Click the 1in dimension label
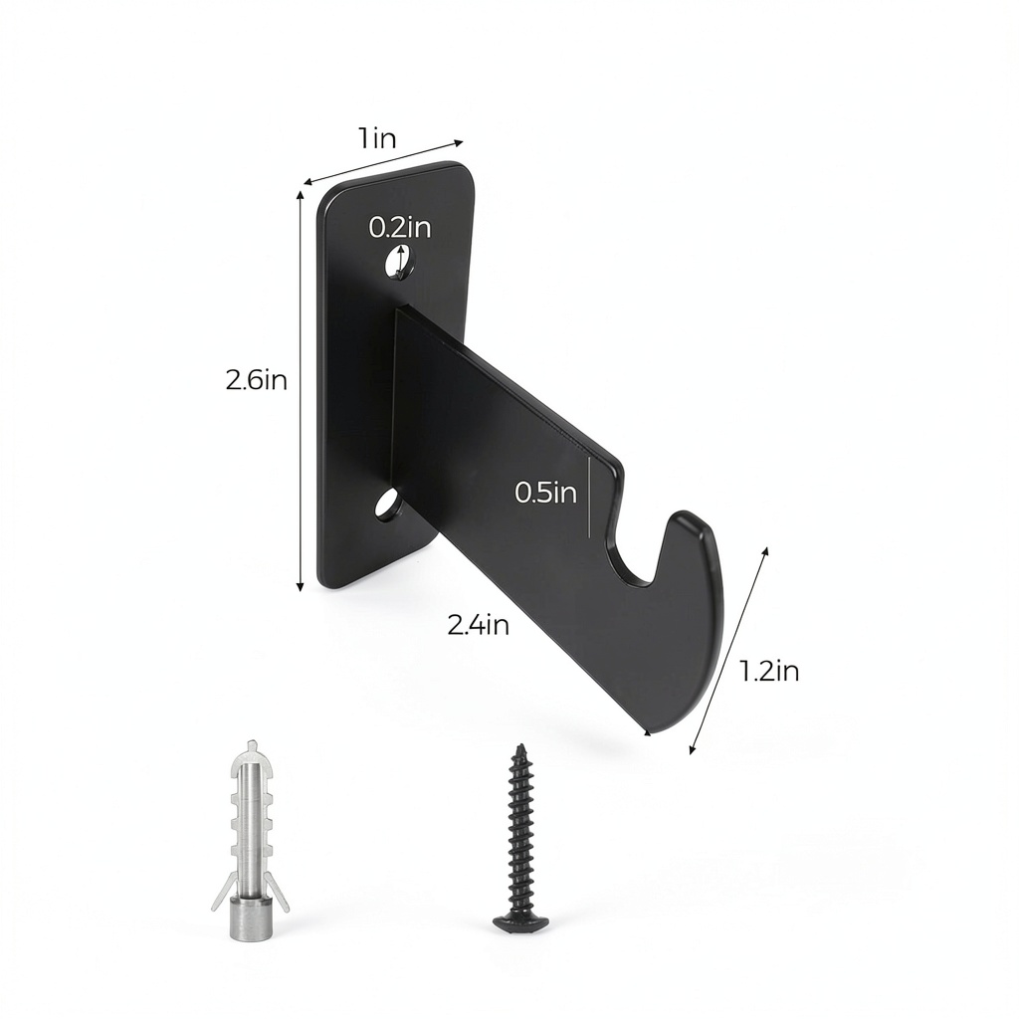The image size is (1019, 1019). tap(376, 139)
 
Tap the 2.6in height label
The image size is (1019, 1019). tap(256, 379)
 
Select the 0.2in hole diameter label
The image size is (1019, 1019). tap(400, 227)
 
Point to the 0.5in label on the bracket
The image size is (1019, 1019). tap(546, 492)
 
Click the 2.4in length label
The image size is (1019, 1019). tap(478, 625)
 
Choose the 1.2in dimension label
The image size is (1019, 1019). tap(769, 671)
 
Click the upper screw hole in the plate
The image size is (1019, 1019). tap(397, 262)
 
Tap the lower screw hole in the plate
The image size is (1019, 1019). tap(388, 505)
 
